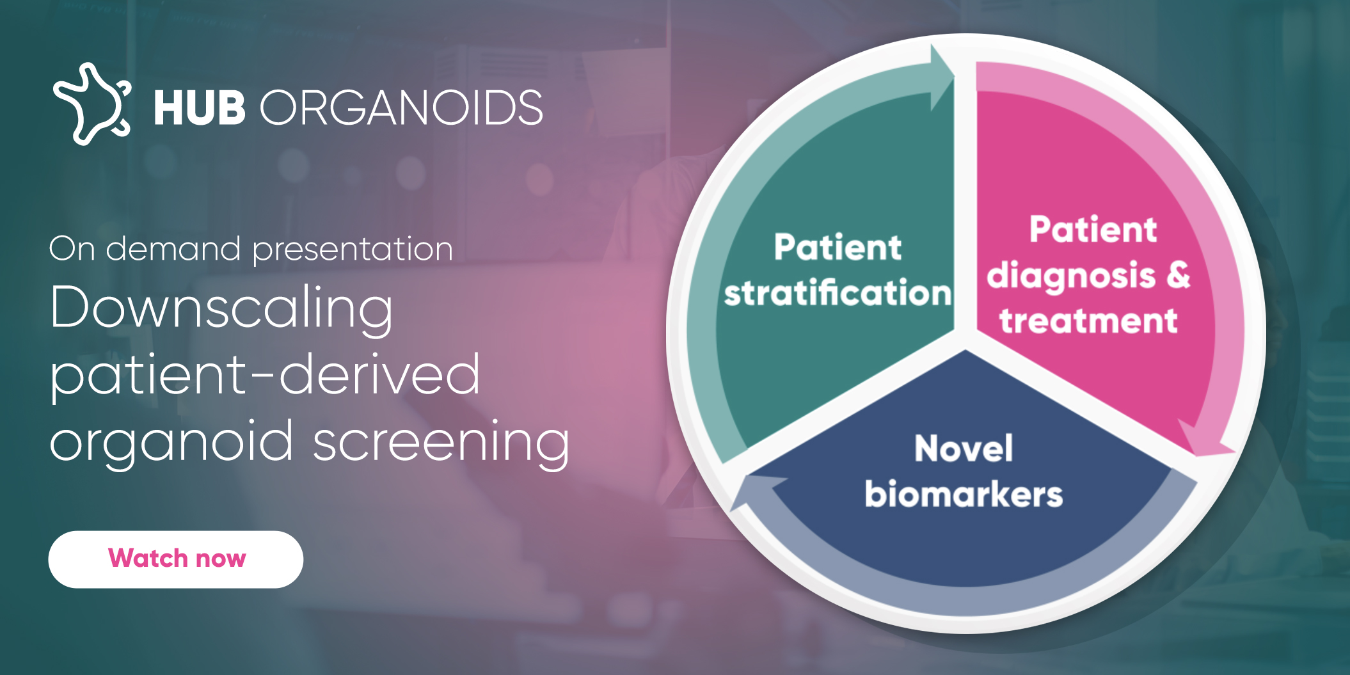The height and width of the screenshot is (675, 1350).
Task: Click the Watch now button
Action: [175, 559]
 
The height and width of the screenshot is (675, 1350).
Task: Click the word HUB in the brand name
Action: [199, 107]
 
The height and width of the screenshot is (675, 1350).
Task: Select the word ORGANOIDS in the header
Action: [401, 107]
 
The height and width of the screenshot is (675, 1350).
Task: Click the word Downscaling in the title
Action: [221, 308]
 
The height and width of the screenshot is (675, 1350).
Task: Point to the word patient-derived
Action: [265, 375]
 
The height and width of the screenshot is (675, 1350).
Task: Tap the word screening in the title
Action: [441, 442]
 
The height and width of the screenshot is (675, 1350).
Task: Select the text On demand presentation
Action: [251, 249]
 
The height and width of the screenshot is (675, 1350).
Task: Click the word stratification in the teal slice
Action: [837, 293]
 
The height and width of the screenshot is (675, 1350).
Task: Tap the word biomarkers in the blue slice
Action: [963, 495]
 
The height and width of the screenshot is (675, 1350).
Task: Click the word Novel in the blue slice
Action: [963, 448]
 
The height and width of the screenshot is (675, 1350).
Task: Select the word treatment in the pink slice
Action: [1088, 321]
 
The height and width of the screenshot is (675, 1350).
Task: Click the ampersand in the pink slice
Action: [1177, 275]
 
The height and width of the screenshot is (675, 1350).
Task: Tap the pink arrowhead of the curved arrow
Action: [1203, 441]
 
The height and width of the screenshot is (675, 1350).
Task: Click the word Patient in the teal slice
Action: [837, 247]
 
